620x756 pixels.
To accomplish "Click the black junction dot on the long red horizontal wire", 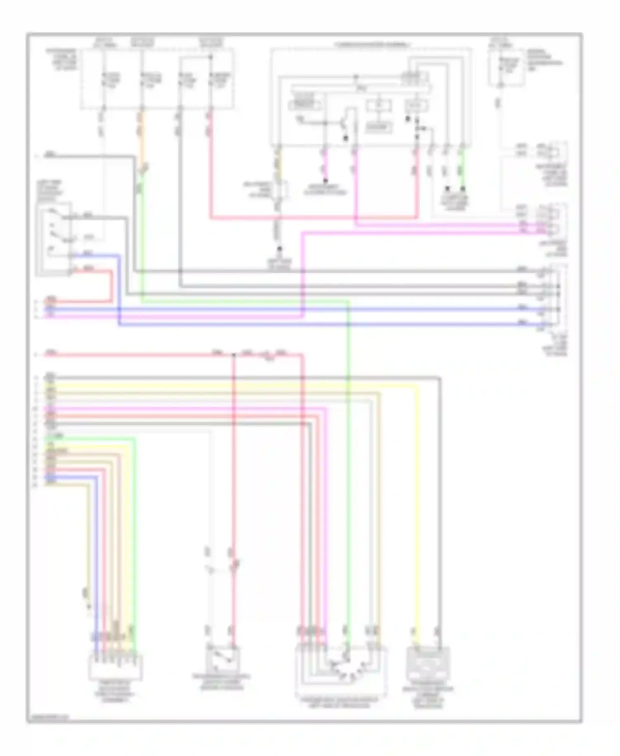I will [x=233, y=354].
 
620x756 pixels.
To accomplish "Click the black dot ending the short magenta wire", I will [x=325, y=181].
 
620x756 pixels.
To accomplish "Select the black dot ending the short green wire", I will [x=463, y=189].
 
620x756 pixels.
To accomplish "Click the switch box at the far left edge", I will [x=54, y=239].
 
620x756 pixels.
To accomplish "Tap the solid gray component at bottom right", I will [x=428, y=664].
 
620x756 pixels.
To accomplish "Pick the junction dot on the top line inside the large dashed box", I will [x=356, y=77].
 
